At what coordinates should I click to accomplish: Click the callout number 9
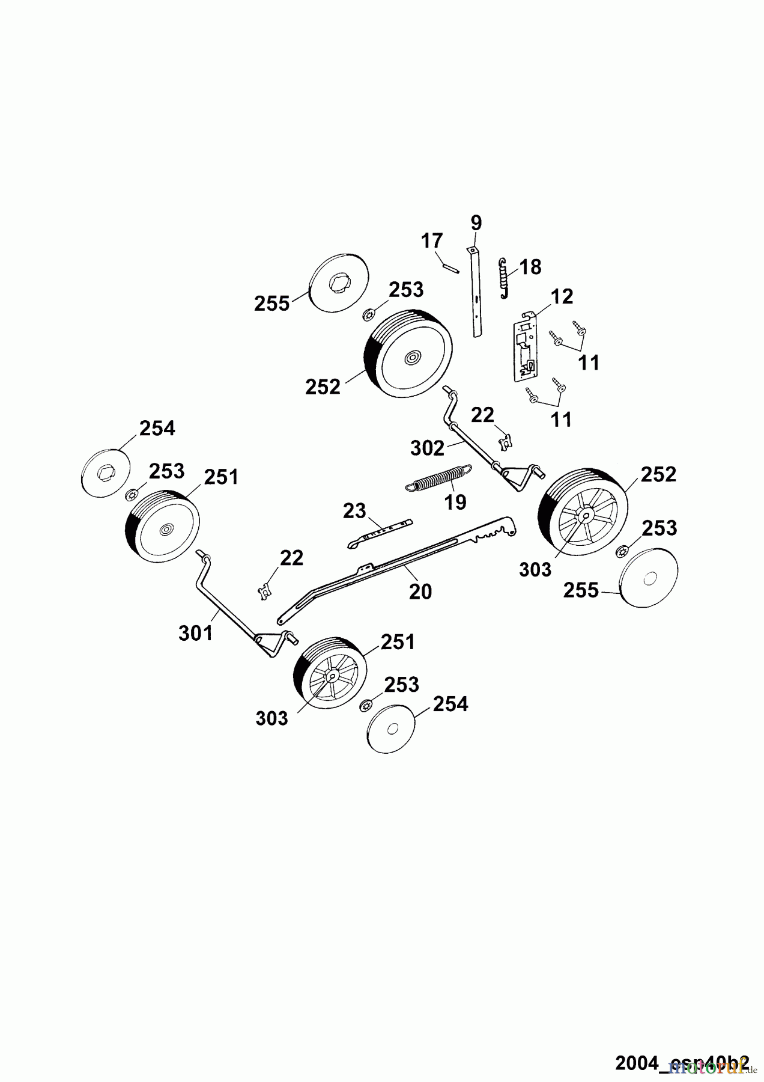476,223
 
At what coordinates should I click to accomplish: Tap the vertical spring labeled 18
504,278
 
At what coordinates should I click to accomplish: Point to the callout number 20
420,592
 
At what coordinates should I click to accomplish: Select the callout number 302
428,448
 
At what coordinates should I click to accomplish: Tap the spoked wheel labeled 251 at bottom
329,676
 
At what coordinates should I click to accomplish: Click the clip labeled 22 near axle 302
506,442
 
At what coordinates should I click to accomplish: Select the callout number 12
562,296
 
